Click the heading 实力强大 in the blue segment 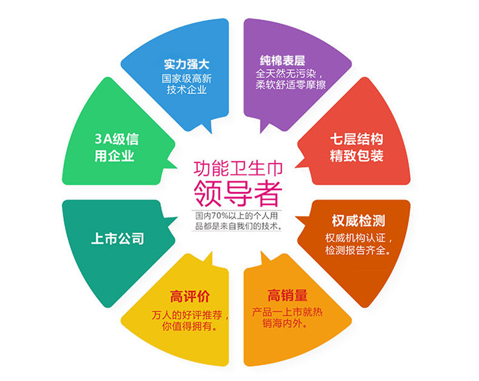point(186,64)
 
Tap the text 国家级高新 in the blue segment point(186,78)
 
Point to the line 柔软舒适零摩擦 point(291,84)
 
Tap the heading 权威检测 point(358,221)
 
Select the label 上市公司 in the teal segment point(117,239)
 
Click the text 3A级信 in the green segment point(116,140)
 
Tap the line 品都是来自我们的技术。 point(238,225)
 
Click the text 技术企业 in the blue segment point(186,91)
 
